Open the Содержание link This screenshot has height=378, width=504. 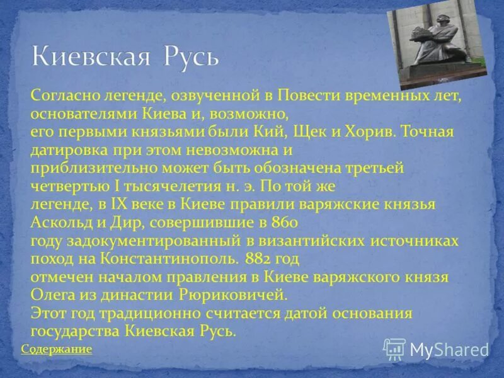57,349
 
